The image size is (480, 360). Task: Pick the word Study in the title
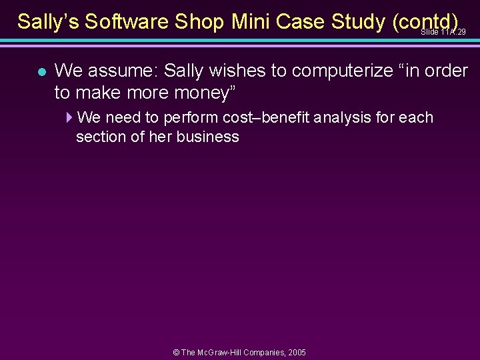pos(357,21)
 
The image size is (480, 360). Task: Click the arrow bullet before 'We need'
pos(70,118)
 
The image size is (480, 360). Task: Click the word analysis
pos(343,118)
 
